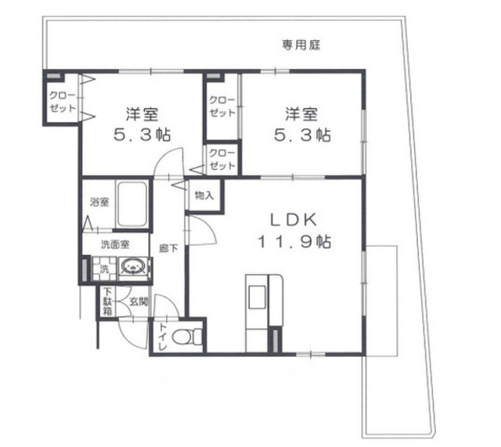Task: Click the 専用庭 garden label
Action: point(301,45)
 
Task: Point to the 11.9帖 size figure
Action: point(294,242)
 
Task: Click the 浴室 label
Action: point(99,202)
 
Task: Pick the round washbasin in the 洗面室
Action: point(135,267)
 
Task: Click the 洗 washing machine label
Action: point(102,269)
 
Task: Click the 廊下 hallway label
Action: point(168,249)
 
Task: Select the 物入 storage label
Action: point(204,195)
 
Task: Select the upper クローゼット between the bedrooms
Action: point(222,106)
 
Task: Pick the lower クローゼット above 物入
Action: point(222,159)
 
